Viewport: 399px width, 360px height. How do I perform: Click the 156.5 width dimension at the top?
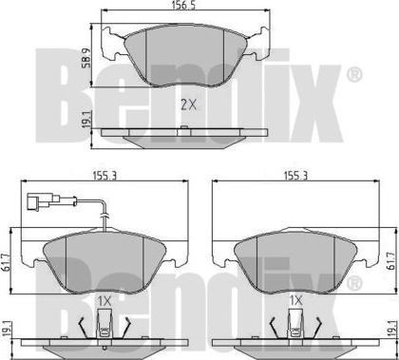(x=183, y=6)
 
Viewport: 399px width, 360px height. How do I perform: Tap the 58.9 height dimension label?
(x=86, y=58)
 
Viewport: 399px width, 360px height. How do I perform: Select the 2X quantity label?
(x=188, y=104)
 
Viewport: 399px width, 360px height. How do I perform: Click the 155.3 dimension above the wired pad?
(x=104, y=176)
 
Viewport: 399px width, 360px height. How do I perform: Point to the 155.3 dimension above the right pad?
(x=295, y=176)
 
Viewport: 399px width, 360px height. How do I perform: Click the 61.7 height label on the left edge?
(x=5, y=261)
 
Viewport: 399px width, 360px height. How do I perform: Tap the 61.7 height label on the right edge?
(x=392, y=261)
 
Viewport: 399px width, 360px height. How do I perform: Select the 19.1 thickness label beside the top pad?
(x=86, y=120)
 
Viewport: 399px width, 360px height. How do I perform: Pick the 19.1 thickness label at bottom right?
(x=392, y=331)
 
